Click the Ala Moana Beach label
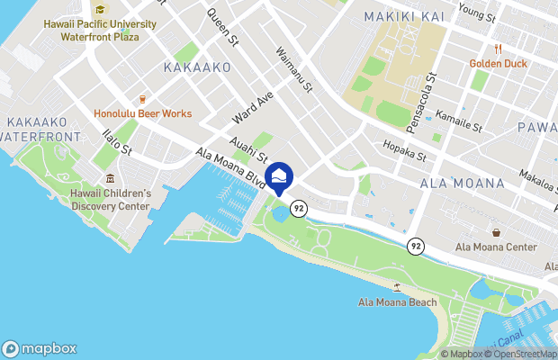tap(397, 301)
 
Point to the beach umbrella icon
tap(397, 287)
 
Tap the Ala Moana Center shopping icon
tap(496, 232)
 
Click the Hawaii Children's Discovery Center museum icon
tap(110, 178)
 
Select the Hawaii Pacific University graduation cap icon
tap(101, 10)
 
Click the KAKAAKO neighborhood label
tap(197, 67)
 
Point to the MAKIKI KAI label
tap(401, 17)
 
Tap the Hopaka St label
tap(404, 149)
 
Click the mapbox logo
tap(39, 348)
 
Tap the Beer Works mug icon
tap(141, 99)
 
